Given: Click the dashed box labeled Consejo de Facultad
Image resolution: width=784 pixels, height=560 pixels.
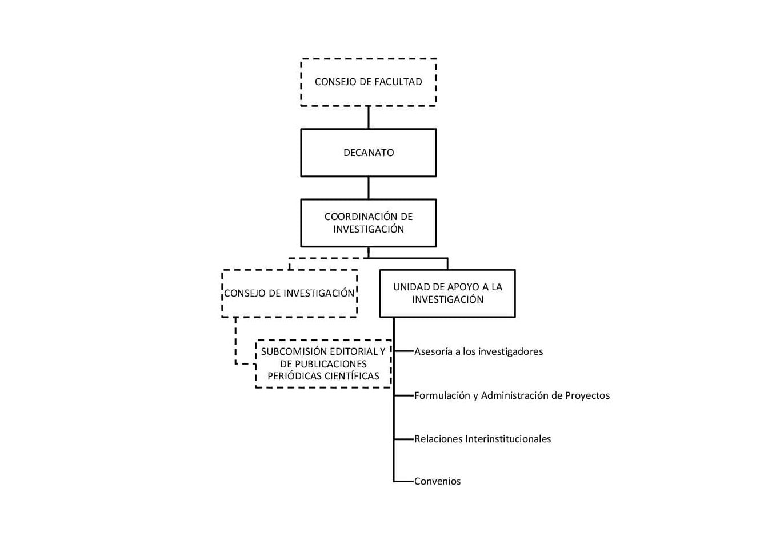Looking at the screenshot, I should coord(369,82).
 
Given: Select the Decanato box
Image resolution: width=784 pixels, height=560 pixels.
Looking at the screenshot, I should coord(369,153).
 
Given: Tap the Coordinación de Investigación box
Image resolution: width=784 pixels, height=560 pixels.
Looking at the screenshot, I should coord(369,223).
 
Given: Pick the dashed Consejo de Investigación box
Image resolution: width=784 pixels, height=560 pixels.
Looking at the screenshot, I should coord(289,293).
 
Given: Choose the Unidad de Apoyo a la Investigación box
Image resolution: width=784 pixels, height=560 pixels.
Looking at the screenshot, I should coord(447,293).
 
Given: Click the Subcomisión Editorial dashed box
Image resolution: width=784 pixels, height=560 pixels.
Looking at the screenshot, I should coord(323,364).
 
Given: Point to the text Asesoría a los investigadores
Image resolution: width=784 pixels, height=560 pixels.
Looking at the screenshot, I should coord(478,351).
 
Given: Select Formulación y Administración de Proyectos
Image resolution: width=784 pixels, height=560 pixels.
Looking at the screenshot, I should coord(512,395).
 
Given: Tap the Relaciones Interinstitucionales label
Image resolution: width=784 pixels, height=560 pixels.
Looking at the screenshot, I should coord(482,439).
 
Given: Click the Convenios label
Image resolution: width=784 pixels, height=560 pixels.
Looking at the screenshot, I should coord(437,481).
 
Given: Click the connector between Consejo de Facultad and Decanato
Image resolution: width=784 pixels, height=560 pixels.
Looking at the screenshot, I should coord(369,117).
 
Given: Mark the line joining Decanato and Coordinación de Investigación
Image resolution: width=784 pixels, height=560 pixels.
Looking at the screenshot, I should coord(369,188).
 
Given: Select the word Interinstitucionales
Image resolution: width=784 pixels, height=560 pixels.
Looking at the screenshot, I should coord(508,439).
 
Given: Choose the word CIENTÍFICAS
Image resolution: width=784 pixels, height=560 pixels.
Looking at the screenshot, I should coord(352,376).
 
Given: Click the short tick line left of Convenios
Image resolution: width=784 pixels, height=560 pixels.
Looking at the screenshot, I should coord(403,481).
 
